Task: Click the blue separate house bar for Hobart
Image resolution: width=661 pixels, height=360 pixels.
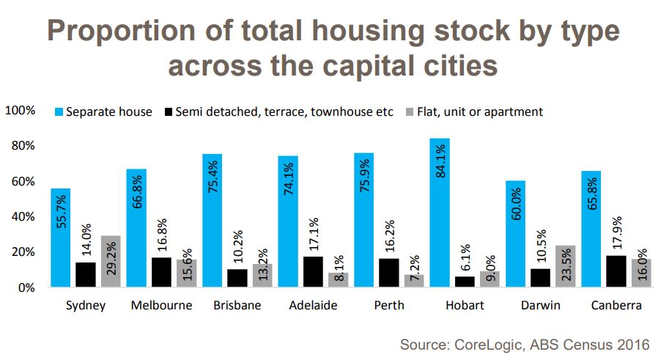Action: click(439, 213)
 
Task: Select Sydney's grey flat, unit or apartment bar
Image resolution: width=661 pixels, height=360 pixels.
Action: click(111, 261)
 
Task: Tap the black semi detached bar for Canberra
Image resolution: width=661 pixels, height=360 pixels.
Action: click(616, 271)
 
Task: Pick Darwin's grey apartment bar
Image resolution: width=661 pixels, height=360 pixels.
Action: click(565, 266)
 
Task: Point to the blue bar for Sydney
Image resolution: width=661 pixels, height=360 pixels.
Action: click(60, 238)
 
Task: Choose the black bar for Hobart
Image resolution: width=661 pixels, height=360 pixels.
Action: click(464, 282)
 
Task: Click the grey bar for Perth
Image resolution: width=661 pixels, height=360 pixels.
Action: click(414, 281)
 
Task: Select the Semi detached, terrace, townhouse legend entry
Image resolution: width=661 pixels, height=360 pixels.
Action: click(278, 112)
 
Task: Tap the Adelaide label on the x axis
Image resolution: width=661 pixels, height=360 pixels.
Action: click(313, 306)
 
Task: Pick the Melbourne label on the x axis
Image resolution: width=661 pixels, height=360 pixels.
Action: click(161, 306)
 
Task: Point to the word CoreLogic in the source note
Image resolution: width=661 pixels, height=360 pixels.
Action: click(493, 344)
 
